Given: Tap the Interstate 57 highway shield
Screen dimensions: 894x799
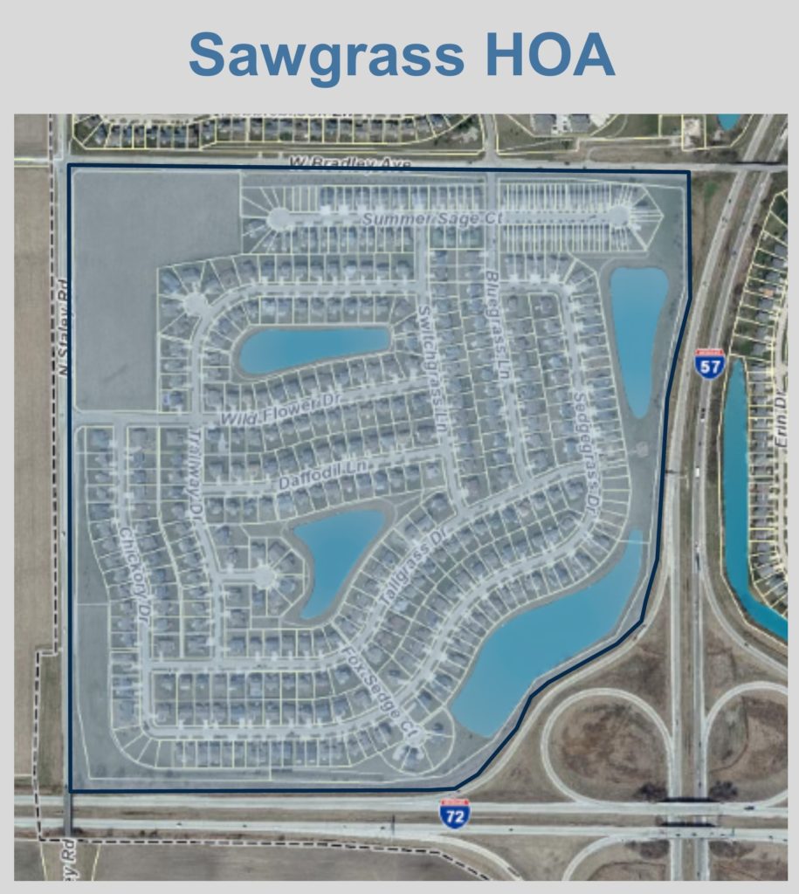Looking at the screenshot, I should pos(710,362).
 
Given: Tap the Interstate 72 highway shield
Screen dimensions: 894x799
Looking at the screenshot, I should pos(454,813).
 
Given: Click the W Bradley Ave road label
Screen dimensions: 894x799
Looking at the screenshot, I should pos(348,163).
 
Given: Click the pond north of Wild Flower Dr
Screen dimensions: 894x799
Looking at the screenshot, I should pos(312,347).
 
